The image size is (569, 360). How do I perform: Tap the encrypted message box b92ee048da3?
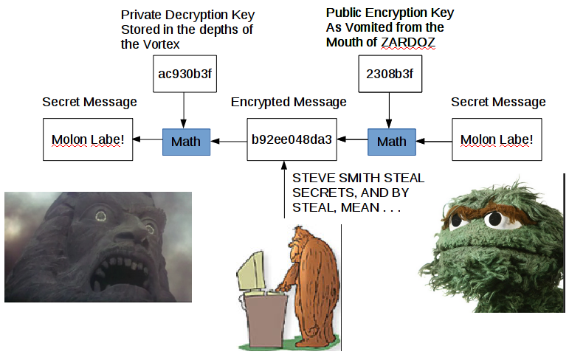point(292,139)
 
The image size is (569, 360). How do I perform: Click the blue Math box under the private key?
point(186,141)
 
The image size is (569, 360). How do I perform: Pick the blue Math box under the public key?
point(391,141)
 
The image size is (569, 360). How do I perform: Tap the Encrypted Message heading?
point(289,102)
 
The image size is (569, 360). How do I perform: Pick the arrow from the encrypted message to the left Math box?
point(229,139)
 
